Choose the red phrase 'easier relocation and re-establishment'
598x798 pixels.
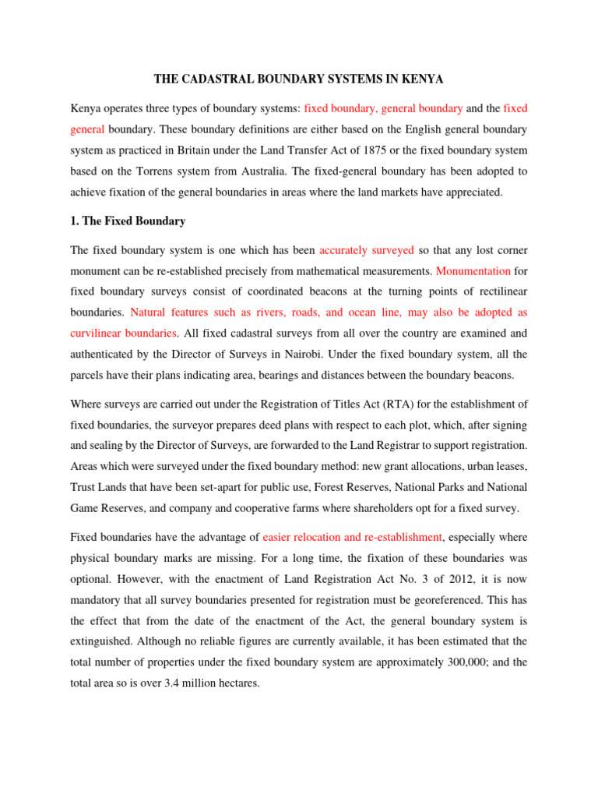[353, 537]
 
